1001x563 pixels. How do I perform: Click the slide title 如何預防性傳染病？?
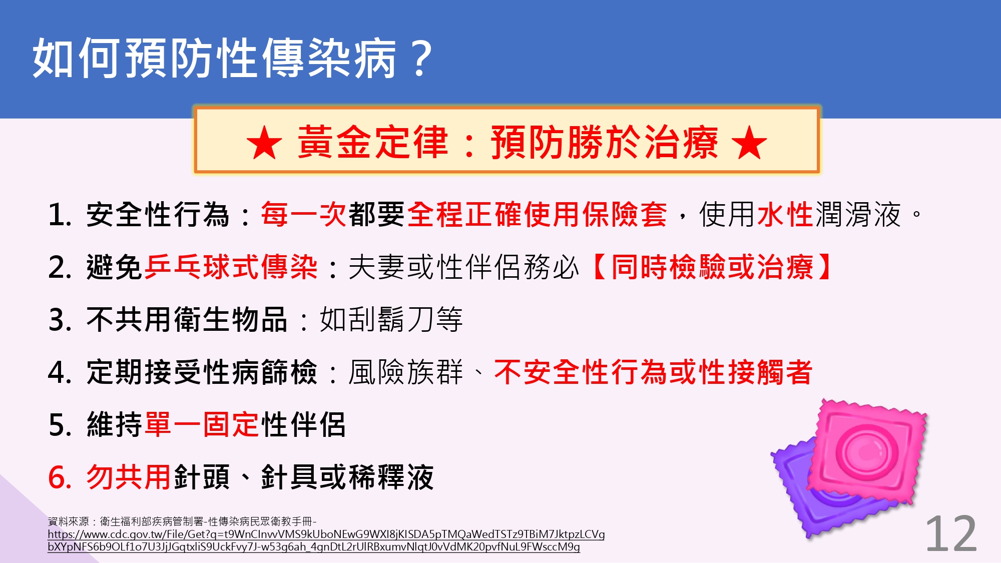pyautogui.click(x=233, y=58)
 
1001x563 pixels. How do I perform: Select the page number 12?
pyautogui.click(x=951, y=533)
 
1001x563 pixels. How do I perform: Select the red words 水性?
pyautogui.click(x=785, y=214)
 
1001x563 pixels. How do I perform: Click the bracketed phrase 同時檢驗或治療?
pyautogui.click(x=712, y=267)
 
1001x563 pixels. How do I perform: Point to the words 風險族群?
pyautogui.click(x=406, y=372)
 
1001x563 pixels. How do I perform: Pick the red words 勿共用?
pyautogui.click(x=129, y=477)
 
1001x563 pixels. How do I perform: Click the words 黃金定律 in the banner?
pyautogui.click(x=373, y=143)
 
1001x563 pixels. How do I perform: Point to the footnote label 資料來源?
pyautogui.click(x=69, y=521)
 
